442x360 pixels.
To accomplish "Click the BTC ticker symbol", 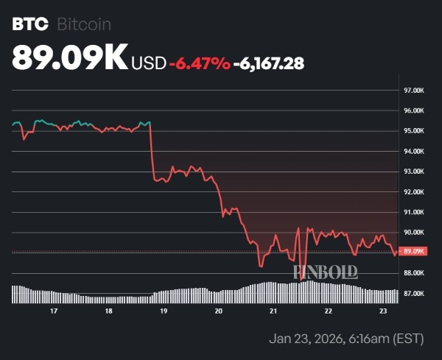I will tap(30, 24).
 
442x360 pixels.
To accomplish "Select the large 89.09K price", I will tap(70, 59).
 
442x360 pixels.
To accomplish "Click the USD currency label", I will tap(148, 63).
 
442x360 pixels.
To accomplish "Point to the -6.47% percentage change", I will tap(199, 63).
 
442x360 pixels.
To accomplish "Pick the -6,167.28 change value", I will tap(269, 63).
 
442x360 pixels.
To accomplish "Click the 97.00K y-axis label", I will tap(414, 91).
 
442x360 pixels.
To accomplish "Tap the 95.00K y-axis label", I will tap(414, 131).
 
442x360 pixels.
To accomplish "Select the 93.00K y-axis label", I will tap(414, 172).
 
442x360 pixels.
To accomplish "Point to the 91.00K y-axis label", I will tap(414, 212).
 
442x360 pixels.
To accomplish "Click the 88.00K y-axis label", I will tap(414, 273).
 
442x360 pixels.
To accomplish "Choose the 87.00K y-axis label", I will tap(414, 294).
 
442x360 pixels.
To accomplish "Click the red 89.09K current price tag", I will tap(414, 251).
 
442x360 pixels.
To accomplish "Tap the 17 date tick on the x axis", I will tap(53, 311).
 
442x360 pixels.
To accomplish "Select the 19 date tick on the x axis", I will tap(164, 311).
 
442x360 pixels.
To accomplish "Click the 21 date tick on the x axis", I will tap(273, 311).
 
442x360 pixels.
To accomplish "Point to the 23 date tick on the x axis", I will tap(383, 311).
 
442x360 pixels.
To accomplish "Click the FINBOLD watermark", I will tap(325, 272).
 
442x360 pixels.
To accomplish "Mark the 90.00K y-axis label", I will tap(414, 233).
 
